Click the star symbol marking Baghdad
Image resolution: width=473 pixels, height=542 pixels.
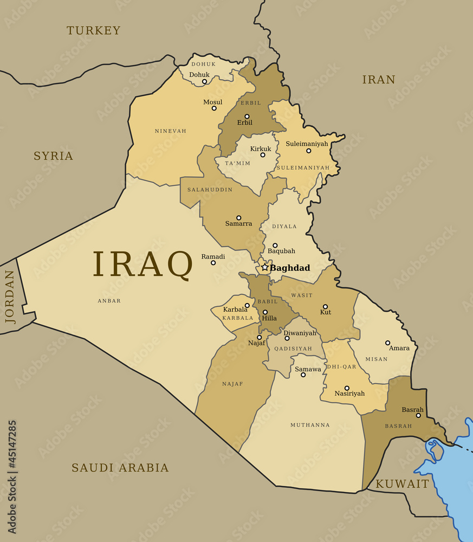pyautogui.click(x=265, y=267)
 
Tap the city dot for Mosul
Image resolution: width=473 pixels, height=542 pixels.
pyautogui.click(x=214, y=108)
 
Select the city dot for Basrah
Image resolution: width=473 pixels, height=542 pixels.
pyautogui.click(x=418, y=416)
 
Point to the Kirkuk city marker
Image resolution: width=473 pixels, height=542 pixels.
pyautogui.click(x=263, y=155)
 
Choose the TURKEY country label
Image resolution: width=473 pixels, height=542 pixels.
pyautogui.click(x=94, y=30)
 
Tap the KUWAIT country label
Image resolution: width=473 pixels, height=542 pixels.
pyautogui.click(x=403, y=484)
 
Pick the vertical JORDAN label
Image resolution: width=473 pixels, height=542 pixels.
pyautogui.click(x=10, y=297)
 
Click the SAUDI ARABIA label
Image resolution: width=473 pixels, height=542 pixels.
pyautogui.click(x=120, y=467)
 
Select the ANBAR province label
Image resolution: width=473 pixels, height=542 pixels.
pyautogui.click(x=109, y=301)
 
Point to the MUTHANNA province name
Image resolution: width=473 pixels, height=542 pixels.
pyautogui.click(x=310, y=425)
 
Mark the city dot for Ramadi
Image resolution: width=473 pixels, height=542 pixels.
pyautogui.click(x=213, y=263)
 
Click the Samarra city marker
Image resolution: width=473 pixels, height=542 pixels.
pyautogui.click(x=238, y=218)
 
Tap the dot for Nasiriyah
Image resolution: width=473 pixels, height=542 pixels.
pyautogui.click(x=347, y=388)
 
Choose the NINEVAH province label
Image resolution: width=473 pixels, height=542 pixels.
pyautogui.click(x=170, y=131)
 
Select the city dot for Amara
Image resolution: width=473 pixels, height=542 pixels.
pyautogui.click(x=387, y=343)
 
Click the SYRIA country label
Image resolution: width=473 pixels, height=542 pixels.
pyautogui.click(x=53, y=156)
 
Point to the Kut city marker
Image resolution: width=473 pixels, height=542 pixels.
pyautogui.click(x=325, y=307)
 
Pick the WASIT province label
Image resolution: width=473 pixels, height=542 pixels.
pyautogui.click(x=302, y=295)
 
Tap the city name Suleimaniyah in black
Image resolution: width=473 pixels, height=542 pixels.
pyautogui.click(x=307, y=144)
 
